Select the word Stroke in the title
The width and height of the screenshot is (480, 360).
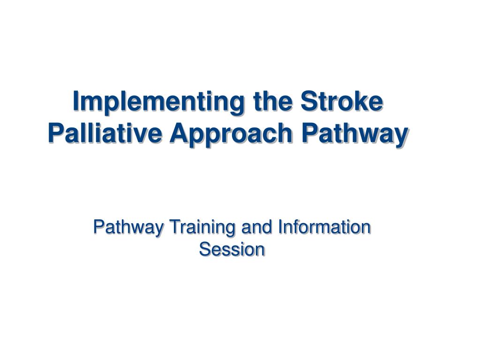tap(341, 102)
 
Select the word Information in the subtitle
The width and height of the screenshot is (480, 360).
tap(324, 227)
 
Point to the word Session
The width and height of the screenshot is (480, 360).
tap(232, 249)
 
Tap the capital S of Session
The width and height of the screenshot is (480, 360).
tap(204, 249)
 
